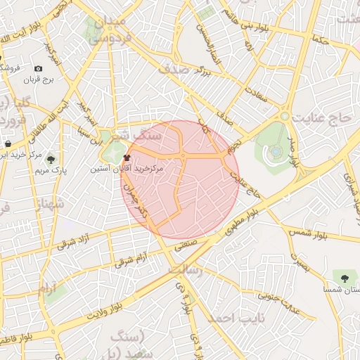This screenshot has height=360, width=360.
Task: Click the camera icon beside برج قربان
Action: pos(38,68)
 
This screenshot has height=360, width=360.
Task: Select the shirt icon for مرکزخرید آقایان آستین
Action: pos(127,158)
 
